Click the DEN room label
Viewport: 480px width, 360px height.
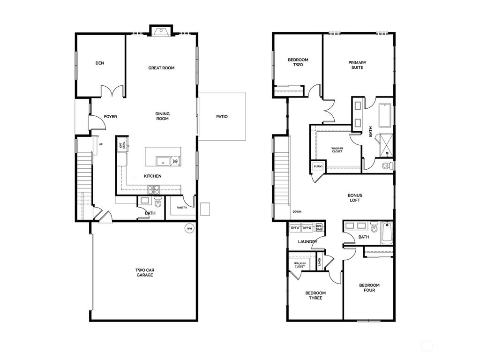pyautogui.click(x=99, y=63)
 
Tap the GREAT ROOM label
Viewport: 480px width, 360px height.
pyautogui.click(x=161, y=68)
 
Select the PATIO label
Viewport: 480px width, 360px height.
pyautogui.click(x=222, y=117)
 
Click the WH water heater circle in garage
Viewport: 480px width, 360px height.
pyautogui.click(x=189, y=229)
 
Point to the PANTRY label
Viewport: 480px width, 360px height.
pyautogui.click(x=182, y=208)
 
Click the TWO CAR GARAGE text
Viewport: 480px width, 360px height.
pyautogui.click(x=144, y=272)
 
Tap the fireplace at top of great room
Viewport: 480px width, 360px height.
pyautogui.click(x=161, y=31)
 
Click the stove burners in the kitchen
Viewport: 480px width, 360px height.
pyautogui.click(x=154, y=190)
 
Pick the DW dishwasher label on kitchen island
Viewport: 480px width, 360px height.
pyautogui.click(x=175, y=161)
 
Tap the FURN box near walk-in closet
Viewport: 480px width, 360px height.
pyautogui.click(x=317, y=166)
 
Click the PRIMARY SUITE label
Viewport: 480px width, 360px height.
pyautogui.click(x=357, y=65)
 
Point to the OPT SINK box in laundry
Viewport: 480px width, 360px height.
pyautogui.click(x=319, y=228)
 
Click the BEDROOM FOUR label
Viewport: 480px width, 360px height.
pyautogui.click(x=369, y=287)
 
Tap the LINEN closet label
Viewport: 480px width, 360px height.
pyautogui.click(x=320, y=262)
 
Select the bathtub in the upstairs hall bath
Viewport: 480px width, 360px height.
pyautogui.click(x=387, y=232)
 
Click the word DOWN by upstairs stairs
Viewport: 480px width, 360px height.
pyautogui.click(x=297, y=212)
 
